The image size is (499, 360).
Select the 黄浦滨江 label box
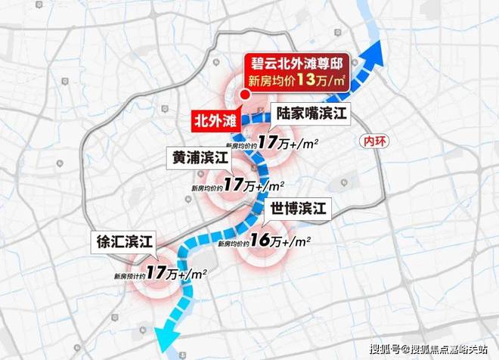point(199,158)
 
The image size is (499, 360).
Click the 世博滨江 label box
point(299,208)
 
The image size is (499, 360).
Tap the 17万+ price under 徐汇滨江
point(163,271)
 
